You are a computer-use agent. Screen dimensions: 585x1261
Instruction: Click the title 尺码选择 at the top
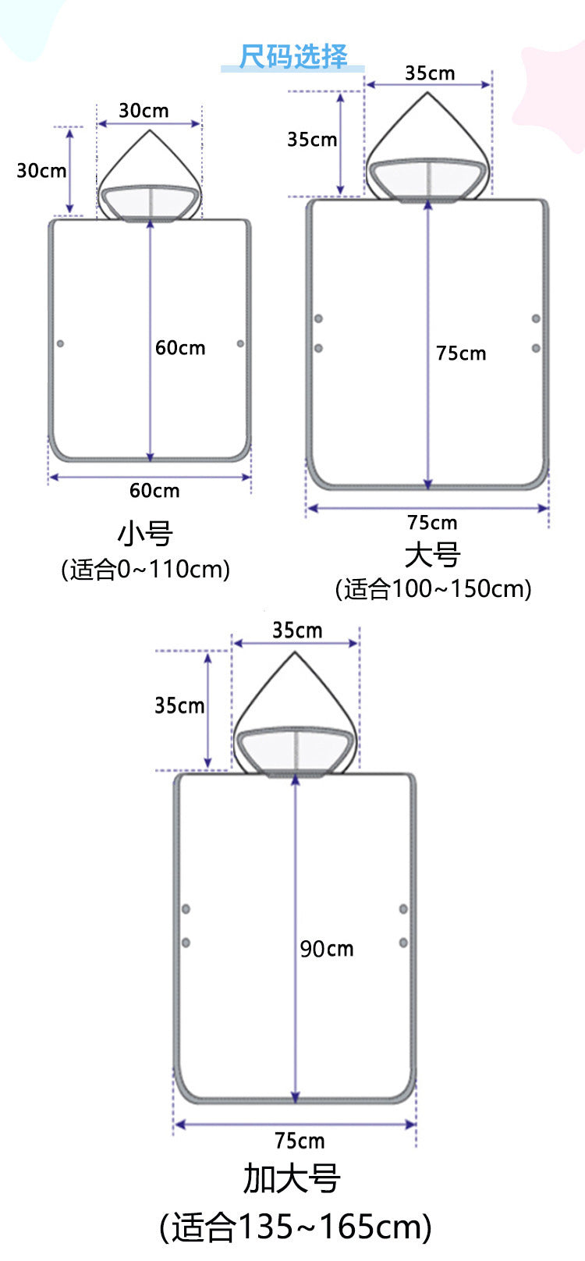293,56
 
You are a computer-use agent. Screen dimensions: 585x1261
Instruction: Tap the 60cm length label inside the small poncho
180,348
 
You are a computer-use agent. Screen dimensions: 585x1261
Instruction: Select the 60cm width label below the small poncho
154,490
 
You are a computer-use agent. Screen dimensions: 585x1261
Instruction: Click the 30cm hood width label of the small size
144,110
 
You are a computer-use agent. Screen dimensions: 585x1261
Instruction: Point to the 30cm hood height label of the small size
41,171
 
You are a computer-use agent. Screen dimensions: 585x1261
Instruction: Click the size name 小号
145,533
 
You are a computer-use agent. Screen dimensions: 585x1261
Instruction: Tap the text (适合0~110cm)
145,569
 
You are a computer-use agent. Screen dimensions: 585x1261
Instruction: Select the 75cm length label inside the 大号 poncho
461,353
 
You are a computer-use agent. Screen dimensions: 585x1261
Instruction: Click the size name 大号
433,555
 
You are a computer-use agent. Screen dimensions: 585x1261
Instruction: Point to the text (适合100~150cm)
433,589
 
